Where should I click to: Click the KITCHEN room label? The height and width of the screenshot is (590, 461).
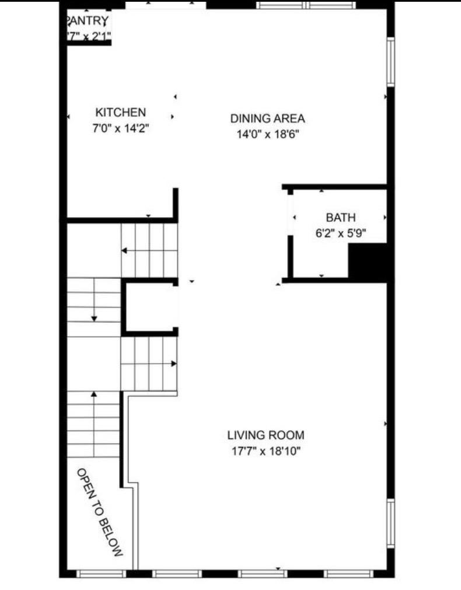[121, 112]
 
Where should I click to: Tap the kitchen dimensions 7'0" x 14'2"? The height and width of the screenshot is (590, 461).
[121, 128]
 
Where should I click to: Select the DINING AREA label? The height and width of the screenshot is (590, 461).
[267, 118]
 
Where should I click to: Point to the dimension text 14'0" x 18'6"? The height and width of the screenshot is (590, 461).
[267, 135]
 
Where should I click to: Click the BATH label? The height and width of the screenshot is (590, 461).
[340, 218]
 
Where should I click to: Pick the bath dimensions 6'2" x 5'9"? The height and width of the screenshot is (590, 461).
[340, 233]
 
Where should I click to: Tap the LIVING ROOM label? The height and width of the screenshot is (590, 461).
[266, 435]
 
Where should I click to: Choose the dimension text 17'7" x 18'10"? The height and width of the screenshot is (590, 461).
[266, 451]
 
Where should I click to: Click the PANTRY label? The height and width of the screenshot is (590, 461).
[88, 22]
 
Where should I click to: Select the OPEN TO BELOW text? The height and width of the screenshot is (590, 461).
[100, 512]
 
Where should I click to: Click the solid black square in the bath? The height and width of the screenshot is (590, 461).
[368, 263]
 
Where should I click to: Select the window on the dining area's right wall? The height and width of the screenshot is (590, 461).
[391, 62]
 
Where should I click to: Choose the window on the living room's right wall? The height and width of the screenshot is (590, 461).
[391, 523]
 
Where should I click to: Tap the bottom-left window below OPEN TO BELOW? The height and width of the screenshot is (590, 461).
[100, 574]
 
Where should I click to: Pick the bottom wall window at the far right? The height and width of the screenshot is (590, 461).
[348, 574]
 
